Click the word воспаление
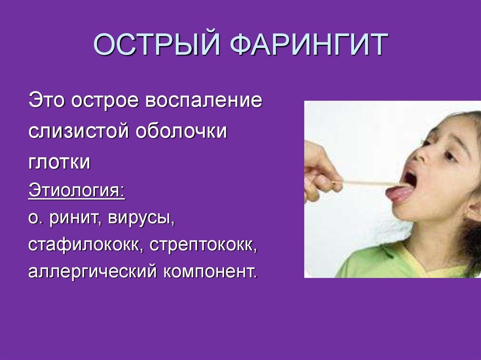click(x=204, y=100)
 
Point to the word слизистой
click(x=78, y=131)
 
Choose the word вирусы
click(x=141, y=219)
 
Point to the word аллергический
click(x=93, y=272)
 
